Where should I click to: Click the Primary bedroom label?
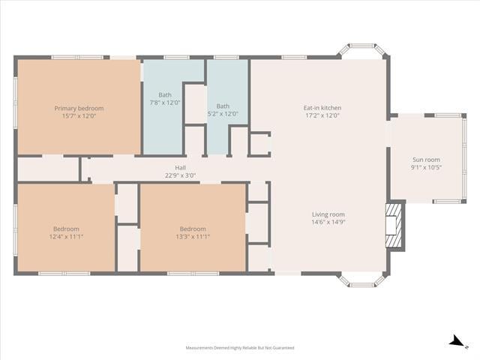(x=79, y=108)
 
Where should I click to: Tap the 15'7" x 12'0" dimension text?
(x=79, y=115)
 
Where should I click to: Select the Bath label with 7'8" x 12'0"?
(x=165, y=95)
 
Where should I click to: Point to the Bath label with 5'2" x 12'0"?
(x=223, y=106)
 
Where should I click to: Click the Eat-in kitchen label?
(x=322, y=108)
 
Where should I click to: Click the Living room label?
(x=328, y=214)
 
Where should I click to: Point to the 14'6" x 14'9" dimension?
(x=328, y=222)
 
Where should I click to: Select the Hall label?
(x=180, y=168)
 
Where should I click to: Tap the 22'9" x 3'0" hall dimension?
(x=180, y=175)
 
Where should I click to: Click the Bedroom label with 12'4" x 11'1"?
(x=66, y=229)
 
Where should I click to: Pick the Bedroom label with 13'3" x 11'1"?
(x=193, y=229)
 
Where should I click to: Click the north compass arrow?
(x=455, y=342)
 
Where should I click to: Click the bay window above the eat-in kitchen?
(x=362, y=51)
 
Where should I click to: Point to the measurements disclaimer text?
(x=240, y=348)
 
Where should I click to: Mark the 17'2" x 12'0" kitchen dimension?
(x=322, y=115)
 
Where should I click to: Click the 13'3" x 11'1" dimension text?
(x=193, y=236)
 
